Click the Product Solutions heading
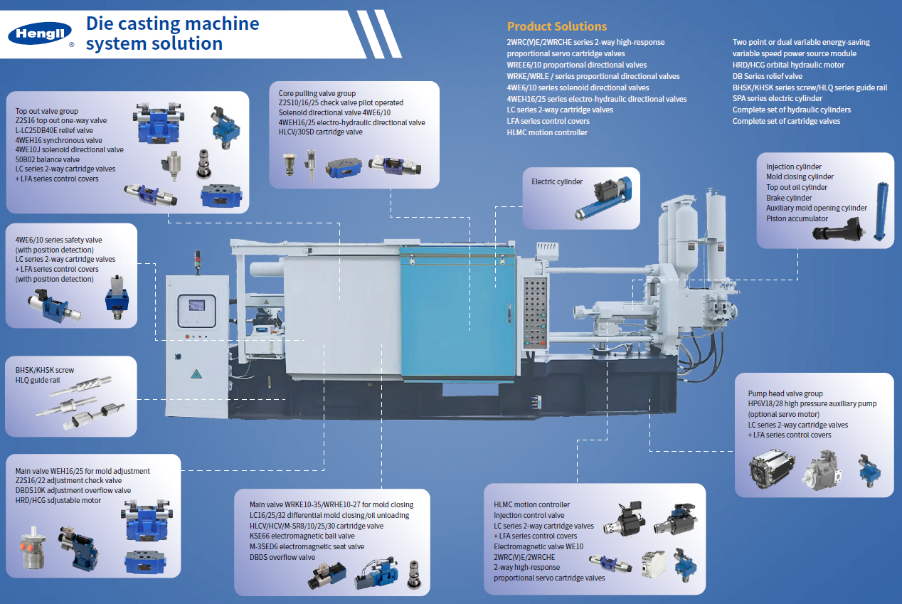[556, 26]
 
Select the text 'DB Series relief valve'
[767, 76]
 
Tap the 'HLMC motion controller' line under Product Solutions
[547, 132]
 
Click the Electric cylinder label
[557, 181]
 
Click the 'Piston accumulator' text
[797, 218]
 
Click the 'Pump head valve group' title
[785, 393]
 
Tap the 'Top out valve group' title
[47, 111]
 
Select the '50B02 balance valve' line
[48, 159]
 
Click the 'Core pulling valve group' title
[317, 93]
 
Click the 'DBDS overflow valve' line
[282, 557]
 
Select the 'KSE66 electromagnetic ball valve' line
[302, 536]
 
